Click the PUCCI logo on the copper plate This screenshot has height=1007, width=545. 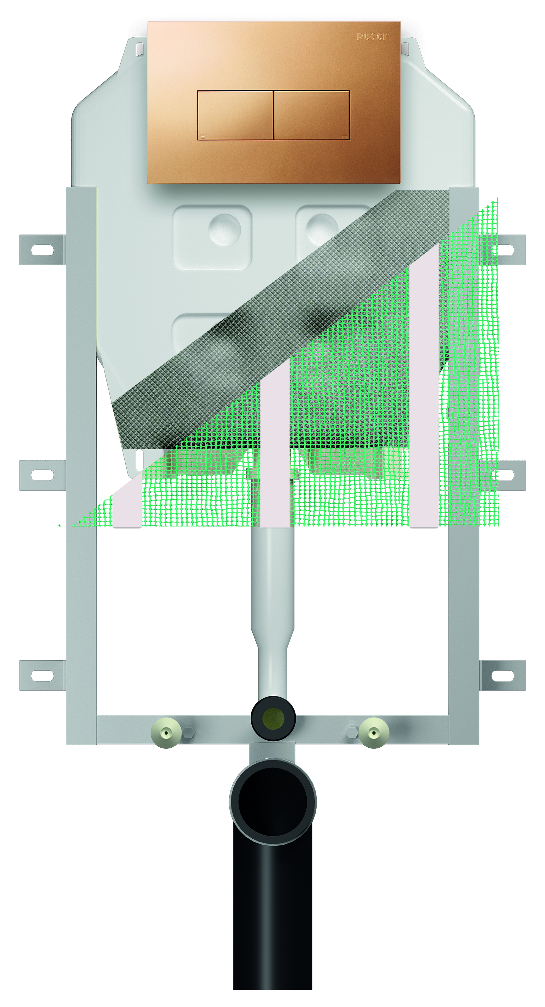[372, 37]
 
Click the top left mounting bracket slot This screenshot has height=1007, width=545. [42, 250]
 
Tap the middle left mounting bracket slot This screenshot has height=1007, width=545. [42, 475]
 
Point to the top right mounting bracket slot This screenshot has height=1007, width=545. [505, 250]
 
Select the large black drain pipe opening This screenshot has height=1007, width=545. [273, 801]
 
